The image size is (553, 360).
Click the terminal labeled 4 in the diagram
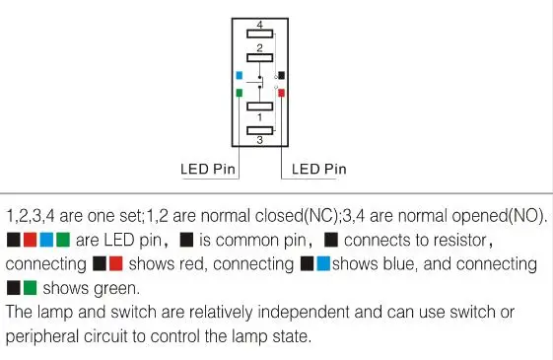pos(259,34)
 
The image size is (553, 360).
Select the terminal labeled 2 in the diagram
pos(259,57)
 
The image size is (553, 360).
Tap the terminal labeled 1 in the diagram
pos(259,107)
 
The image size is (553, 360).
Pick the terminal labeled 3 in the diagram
pos(259,130)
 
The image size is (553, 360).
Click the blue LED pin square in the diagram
pos(240,75)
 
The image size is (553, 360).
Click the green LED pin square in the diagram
pos(240,93)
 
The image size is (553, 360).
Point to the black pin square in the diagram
pos(281,75)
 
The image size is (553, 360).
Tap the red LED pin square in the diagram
pos(281,93)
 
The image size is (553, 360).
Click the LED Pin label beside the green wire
pos(208,169)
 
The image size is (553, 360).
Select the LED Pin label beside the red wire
pos(319,169)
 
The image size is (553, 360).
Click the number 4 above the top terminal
pos(260,25)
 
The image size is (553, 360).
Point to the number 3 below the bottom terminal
pos(260,140)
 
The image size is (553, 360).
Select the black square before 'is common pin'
pos(186,240)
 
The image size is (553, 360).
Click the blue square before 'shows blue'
pos(323,263)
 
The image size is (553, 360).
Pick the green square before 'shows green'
pos(30,288)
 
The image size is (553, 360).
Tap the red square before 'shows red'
pos(116,263)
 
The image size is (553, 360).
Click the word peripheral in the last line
pos(42,336)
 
